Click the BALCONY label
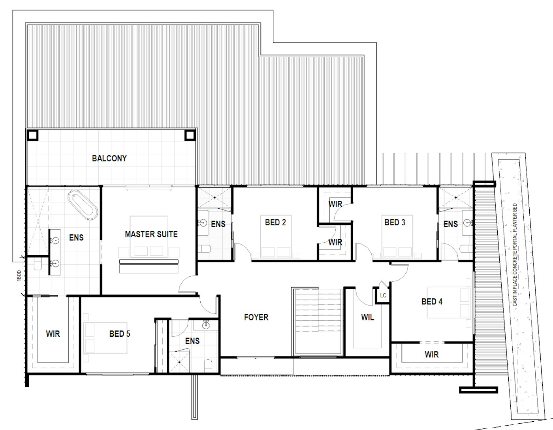[x=109, y=158]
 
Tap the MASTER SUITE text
[x=151, y=234]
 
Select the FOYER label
[x=256, y=317]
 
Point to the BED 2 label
[x=275, y=223]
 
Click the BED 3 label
[x=395, y=223]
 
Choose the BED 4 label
[x=432, y=302]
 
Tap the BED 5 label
[x=120, y=334]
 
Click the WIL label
[x=367, y=317]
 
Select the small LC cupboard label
[x=383, y=295]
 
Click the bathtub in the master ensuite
[x=83, y=205]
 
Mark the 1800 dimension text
[x=19, y=276]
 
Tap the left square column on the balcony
[x=33, y=136]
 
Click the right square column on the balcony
[x=190, y=136]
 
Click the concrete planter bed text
[x=515, y=255]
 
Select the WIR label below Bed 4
[x=432, y=355]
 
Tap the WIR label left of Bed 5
[x=53, y=334]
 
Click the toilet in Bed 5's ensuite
[x=208, y=366]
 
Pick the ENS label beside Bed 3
[x=450, y=224]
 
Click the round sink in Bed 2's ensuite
[x=203, y=223]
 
